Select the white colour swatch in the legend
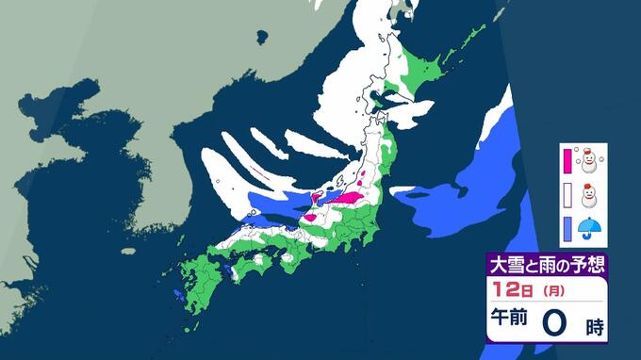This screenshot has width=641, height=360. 567,195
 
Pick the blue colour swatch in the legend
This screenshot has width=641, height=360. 567,227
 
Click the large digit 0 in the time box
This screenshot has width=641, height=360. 556,323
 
